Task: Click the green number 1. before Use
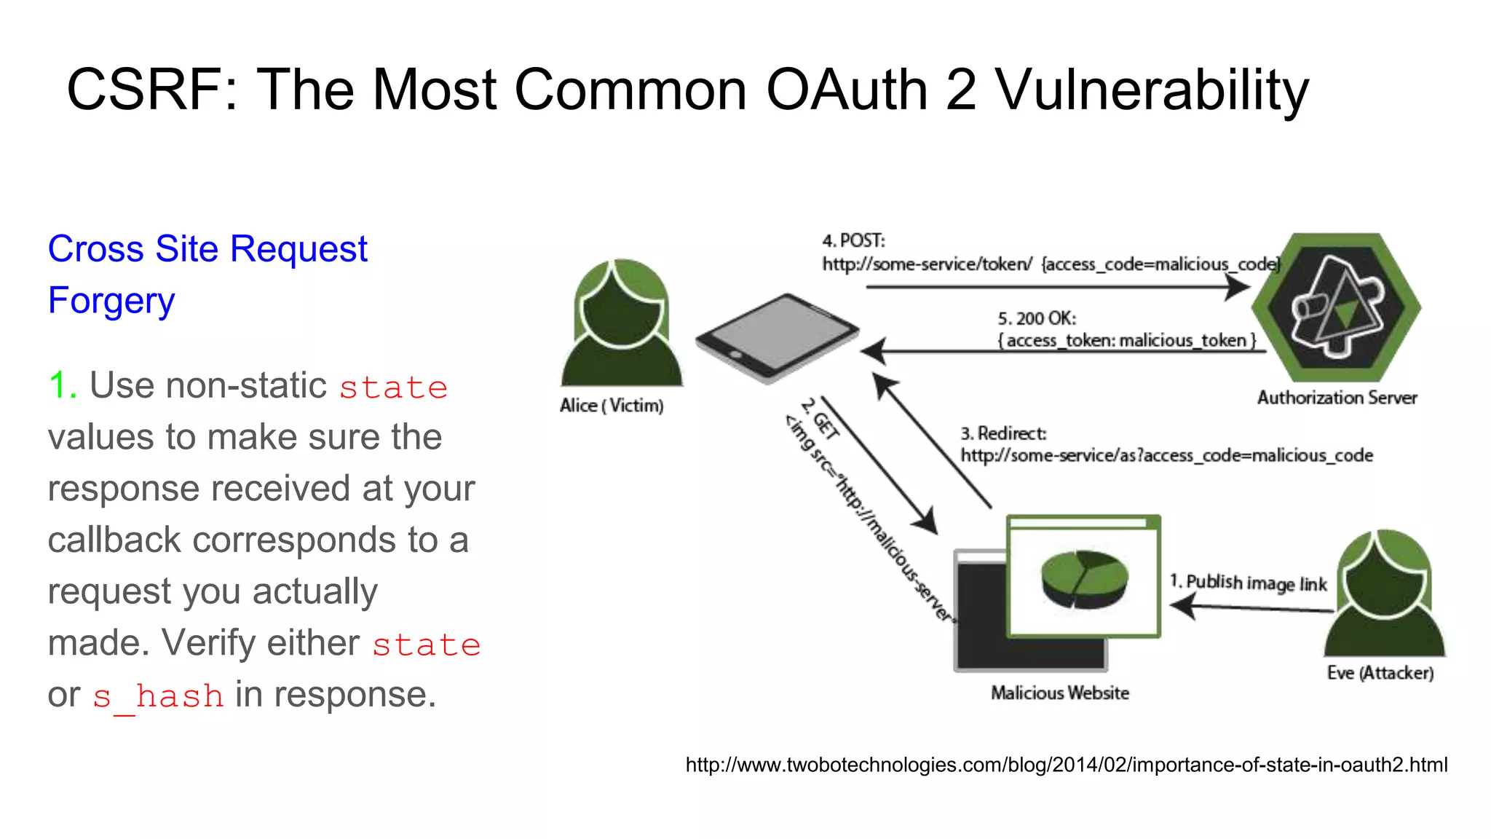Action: point(62,385)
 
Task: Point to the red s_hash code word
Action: point(158,696)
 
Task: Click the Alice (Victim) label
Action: point(612,406)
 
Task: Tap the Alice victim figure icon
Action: point(621,323)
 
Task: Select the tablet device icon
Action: point(777,337)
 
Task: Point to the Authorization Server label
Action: point(1337,398)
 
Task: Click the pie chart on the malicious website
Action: point(1084,578)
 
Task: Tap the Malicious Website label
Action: point(1060,693)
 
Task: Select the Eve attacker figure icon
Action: point(1384,594)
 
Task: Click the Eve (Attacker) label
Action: point(1380,672)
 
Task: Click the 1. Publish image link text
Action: point(1249,583)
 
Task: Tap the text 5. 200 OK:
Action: point(1037,319)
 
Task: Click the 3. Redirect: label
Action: point(1003,433)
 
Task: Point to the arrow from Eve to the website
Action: point(1252,607)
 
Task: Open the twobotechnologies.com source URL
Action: point(1066,765)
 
